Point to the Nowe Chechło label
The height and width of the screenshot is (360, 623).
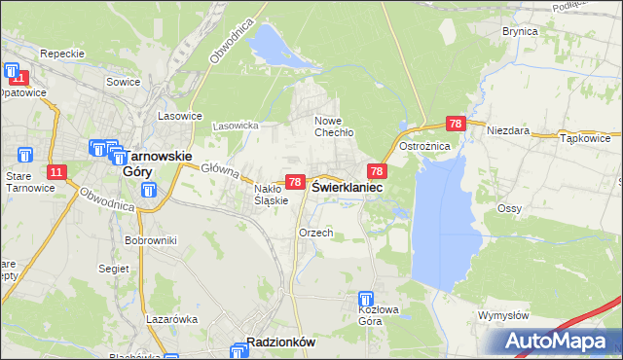pos(333,126)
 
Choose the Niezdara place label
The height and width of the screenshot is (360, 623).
pos(507,129)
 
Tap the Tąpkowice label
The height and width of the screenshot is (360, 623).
pos(585,138)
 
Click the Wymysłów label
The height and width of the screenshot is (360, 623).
pos(503,315)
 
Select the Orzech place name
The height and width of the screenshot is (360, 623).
pos(316,233)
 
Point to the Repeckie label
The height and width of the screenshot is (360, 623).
pos(59,54)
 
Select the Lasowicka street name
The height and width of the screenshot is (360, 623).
pos(236,126)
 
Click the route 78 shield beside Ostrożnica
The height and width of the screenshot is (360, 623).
pos(455,124)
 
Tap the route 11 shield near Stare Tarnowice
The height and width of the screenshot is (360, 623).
pos(56,172)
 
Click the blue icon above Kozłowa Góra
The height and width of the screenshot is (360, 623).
pos(366,300)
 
